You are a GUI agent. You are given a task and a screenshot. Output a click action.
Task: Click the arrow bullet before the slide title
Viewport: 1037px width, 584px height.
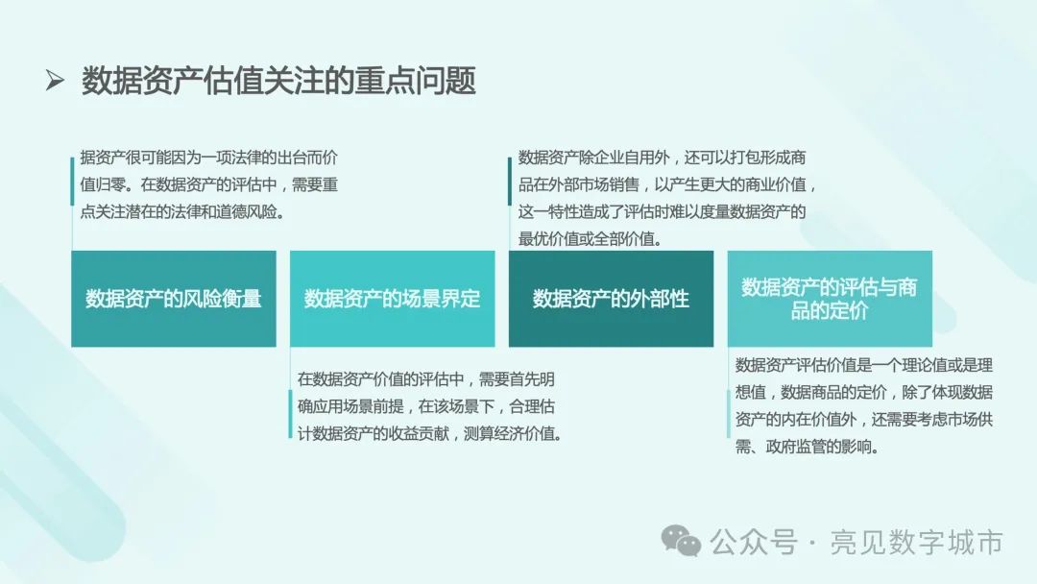pyautogui.click(x=54, y=81)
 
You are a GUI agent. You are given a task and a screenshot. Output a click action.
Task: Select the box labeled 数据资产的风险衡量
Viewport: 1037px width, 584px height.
pyautogui.click(x=174, y=299)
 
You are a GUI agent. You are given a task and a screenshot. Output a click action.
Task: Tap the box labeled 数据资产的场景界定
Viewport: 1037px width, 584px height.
pyautogui.click(x=392, y=299)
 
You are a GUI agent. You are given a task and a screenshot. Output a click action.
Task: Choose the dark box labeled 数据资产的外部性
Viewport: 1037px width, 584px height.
pyautogui.click(x=611, y=299)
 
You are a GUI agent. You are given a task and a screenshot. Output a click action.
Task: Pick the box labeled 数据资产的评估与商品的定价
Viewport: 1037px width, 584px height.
pyautogui.click(x=830, y=299)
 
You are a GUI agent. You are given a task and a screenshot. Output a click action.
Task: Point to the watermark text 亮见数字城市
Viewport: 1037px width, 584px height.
pyautogui.click(x=917, y=543)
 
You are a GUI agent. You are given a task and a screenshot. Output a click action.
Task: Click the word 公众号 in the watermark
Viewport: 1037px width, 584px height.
pyautogui.click(x=754, y=543)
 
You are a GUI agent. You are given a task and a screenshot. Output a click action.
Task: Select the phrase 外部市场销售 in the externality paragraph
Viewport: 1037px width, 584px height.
pyautogui.click(x=594, y=185)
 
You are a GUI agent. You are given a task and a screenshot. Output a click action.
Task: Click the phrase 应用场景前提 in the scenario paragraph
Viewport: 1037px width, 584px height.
pyautogui.click(x=357, y=406)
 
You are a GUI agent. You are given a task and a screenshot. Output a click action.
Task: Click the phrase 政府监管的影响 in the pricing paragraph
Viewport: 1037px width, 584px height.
pyautogui.click(x=819, y=447)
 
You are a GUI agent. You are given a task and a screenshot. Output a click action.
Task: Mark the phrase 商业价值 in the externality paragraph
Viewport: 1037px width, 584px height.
pyautogui.click(x=777, y=185)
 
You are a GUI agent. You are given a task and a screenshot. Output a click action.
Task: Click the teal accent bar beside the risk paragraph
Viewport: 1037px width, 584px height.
pyautogui.click(x=72, y=182)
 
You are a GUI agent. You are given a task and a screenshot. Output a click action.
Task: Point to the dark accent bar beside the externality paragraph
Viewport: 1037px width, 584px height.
pyautogui.click(x=510, y=182)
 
